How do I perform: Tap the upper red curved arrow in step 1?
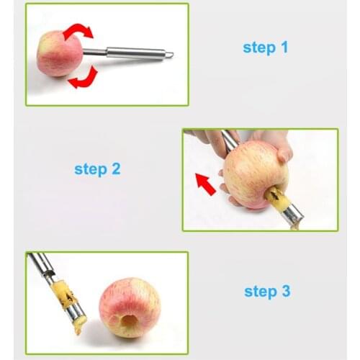point(78,31)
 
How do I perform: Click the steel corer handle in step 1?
point(133,53)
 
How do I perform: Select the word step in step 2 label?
point(90,171)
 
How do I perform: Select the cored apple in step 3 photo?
point(130,307)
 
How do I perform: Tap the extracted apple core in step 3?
point(69,302)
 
